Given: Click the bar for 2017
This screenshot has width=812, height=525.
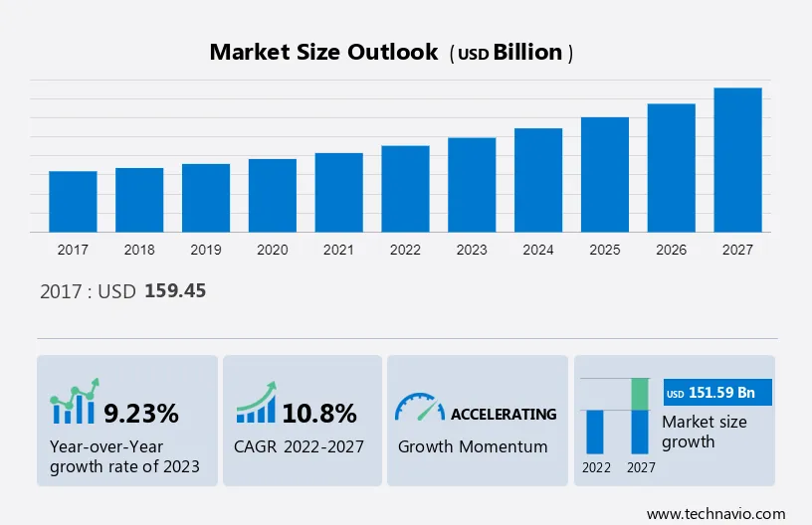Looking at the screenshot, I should tap(73, 202).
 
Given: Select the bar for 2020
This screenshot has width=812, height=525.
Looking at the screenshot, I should tap(273, 196).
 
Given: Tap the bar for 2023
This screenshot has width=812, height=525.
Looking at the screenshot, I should tap(472, 185).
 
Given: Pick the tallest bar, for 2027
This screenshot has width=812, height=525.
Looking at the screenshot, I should tap(737, 160).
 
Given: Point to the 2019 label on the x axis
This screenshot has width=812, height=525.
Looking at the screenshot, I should tap(206, 250).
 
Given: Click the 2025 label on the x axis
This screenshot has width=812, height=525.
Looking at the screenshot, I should tap(605, 250).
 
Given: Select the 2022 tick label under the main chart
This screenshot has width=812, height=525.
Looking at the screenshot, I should tap(405, 250).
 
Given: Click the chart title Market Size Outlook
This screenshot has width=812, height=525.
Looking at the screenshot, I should tap(323, 53).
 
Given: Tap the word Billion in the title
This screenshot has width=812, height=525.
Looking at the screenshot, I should tap(529, 54).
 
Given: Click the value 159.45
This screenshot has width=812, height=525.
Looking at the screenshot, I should tap(175, 291).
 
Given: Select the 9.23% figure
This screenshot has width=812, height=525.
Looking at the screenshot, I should tap(141, 413).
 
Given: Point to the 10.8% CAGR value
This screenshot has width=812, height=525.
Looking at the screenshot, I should tap(319, 413).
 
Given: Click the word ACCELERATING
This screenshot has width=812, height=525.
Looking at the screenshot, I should tap(504, 414).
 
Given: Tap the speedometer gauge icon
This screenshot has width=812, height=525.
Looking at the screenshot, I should tap(419, 408).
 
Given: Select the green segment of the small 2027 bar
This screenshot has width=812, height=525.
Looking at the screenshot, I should tap(641, 394).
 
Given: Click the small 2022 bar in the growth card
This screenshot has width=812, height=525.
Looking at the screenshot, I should tap(595, 432).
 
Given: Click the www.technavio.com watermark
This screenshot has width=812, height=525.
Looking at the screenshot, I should tap(715, 513).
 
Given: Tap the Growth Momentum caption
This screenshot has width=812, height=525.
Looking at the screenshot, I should tap(473, 446).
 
